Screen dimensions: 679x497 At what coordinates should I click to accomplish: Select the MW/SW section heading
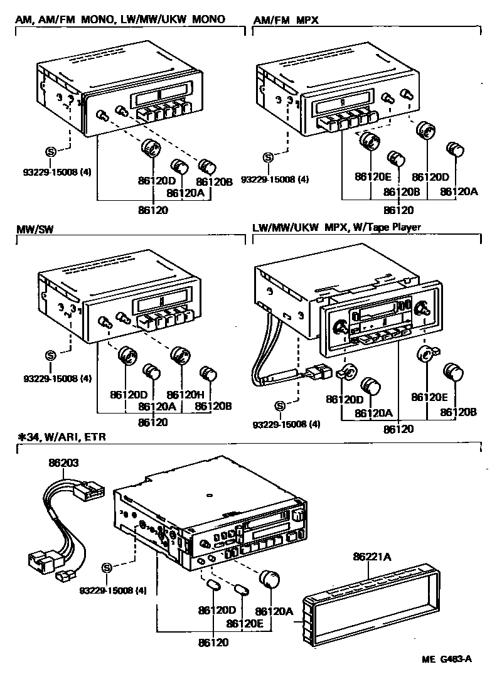(x=35, y=229)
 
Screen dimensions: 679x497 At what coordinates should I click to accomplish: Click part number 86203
(x=64, y=463)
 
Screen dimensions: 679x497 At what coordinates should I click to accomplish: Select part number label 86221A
(x=371, y=556)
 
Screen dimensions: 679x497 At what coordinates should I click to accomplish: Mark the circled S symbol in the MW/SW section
(x=51, y=356)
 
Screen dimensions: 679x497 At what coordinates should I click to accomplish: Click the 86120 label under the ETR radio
(x=214, y=643)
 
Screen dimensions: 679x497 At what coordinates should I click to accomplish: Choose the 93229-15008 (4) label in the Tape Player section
(x=286, y=424)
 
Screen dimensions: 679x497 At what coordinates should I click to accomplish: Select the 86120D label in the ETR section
(x=216, y=610)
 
